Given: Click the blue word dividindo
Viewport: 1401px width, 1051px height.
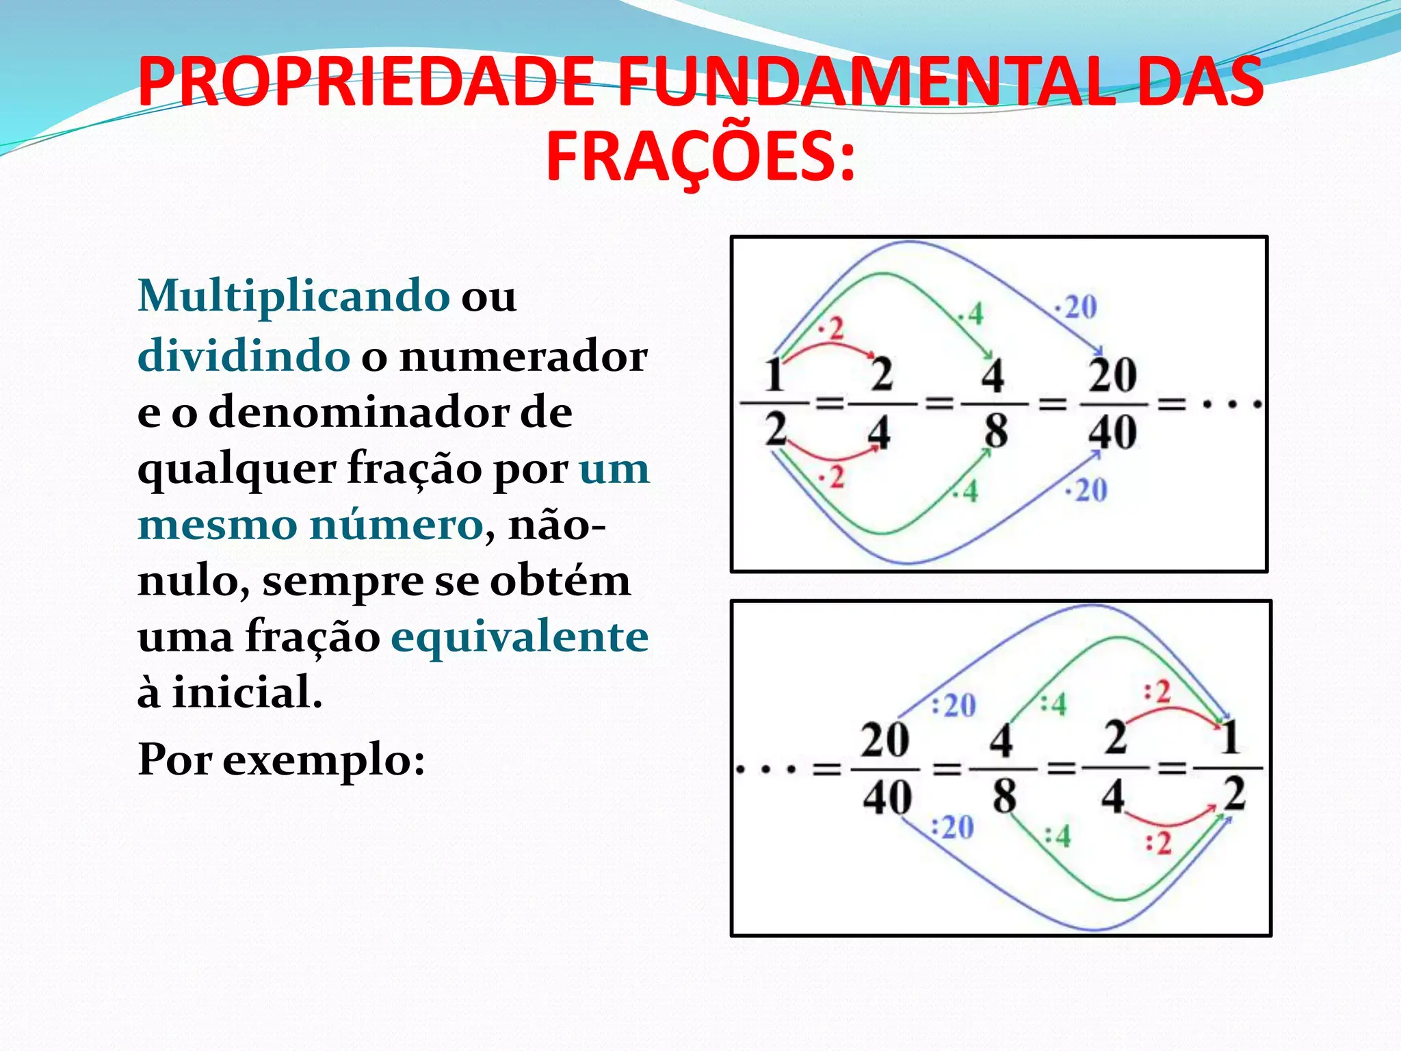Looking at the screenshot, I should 244,356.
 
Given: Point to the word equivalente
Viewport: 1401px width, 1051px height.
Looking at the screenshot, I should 520,637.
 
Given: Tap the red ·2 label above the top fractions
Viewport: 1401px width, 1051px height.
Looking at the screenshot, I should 832,329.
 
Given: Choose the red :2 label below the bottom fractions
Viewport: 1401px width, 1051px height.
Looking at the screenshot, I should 1159,842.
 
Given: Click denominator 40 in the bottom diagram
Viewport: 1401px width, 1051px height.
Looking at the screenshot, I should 887,797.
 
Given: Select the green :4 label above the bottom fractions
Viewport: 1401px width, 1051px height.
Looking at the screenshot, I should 1053,703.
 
